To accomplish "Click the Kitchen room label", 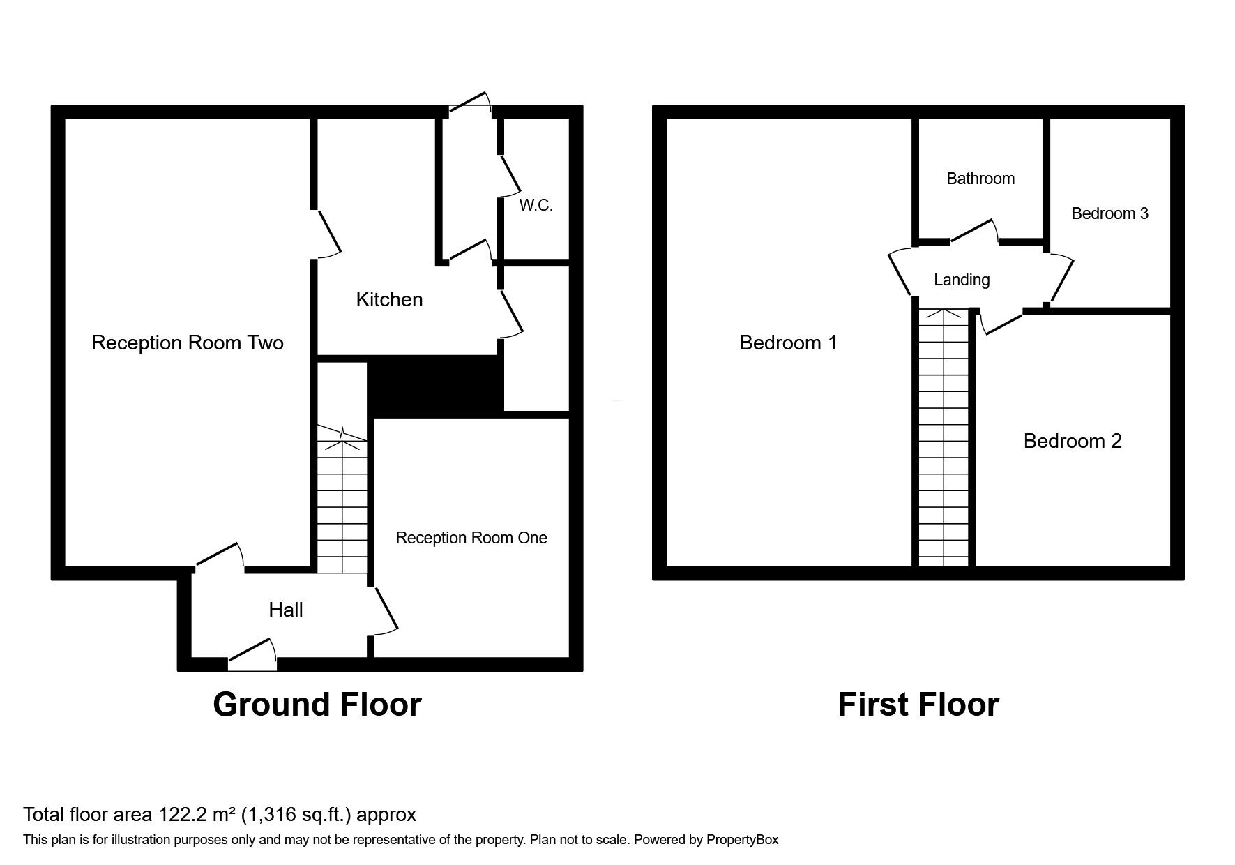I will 389,299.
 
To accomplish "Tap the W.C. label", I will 536,205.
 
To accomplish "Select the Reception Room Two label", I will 187,343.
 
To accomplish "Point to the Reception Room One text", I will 471,538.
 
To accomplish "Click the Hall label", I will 286,610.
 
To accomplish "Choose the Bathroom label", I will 980,179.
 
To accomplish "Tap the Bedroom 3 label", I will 1109,213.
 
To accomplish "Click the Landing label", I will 962,280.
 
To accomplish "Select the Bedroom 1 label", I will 788,343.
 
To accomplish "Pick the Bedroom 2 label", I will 1073,441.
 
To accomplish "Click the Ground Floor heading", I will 317,705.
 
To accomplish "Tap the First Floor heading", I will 918,705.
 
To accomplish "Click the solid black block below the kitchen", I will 435,386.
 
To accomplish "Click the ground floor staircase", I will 342,502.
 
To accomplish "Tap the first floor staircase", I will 944,439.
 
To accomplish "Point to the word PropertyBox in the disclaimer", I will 742,840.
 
